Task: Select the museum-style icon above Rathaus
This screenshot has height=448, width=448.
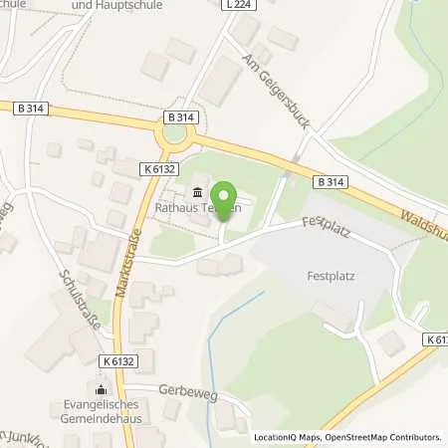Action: tap(196, 192)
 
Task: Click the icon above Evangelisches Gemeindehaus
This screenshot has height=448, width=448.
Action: tap(101, 389)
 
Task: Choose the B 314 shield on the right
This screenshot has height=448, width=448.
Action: tap(330, 182)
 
